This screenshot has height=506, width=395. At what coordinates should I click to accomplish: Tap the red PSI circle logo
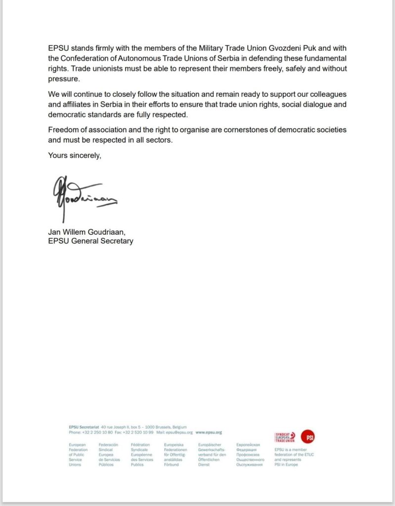pyautogui.click(x=309, y=436)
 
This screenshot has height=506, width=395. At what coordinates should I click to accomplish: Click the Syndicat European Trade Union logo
pyautogui.click(x=285, y=437)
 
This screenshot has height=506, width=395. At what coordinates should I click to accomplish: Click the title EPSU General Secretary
pyautogui.click(x=90, y=241)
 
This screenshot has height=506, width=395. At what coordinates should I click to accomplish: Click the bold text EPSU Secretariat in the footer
pyautogui.click(x=84, y=426)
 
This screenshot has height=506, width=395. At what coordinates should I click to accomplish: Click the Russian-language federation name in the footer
pyautogui.click(x=251, y=455)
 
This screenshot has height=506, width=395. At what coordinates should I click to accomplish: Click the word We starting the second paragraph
pyautogui.click(x=54, y=94)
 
